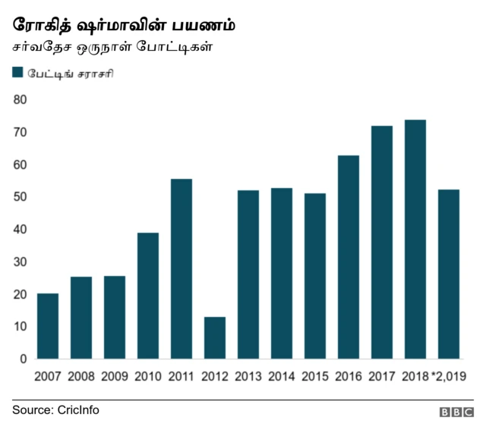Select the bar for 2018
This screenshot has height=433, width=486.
point(415,239)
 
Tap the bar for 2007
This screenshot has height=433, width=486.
point(48,326)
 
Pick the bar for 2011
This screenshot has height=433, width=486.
point(181,268)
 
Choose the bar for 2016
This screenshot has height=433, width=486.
point(349,257)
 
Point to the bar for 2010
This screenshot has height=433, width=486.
point(148,296)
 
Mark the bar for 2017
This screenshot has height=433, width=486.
point(382,242)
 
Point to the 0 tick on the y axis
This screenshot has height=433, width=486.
point(23,359)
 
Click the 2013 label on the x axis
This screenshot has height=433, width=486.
point(248,375)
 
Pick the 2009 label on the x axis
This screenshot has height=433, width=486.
point(115,375)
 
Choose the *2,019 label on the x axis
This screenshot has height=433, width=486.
point(448,375)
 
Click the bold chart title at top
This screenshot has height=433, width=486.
point(124,24)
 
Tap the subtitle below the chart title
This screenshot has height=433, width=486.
point(112,47)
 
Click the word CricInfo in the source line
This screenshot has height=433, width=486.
point(78,409)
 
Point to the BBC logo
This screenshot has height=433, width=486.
point(456,412)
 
